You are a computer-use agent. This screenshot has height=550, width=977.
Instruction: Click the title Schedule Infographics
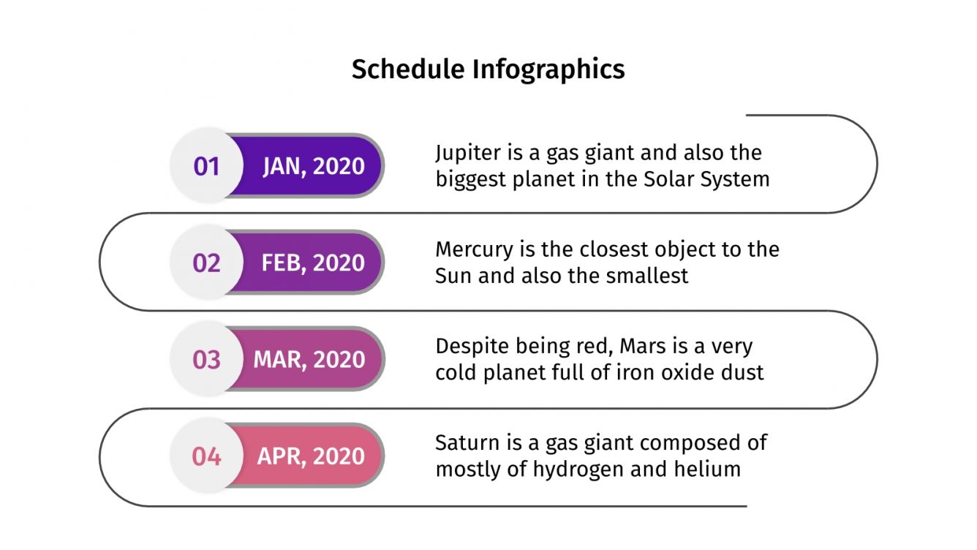pos(488,69)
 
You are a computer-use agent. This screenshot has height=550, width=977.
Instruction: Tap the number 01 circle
pos(206,166)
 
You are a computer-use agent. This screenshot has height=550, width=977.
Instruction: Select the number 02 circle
pos(206,263)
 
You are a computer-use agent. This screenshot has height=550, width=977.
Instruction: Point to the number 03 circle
pos(206,359)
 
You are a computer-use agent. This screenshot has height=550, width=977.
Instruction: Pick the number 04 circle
pos(206,456)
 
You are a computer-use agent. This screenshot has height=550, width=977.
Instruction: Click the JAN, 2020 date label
pos(313,166)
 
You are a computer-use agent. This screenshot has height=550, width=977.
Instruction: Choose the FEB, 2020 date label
pos(313,263)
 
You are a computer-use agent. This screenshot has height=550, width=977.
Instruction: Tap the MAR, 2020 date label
pos(309,359)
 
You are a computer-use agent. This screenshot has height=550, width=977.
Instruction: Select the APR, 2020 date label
pos(311,456)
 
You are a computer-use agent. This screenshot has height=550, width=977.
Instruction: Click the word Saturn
pos(464,443)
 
